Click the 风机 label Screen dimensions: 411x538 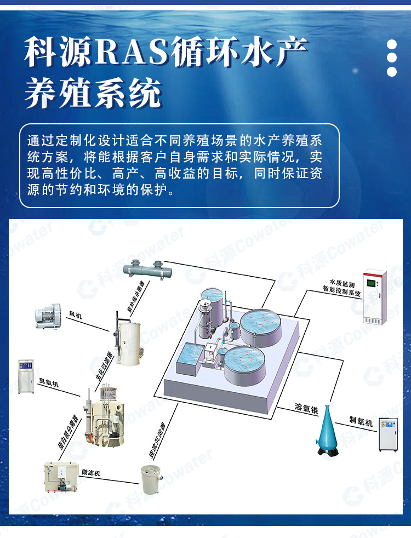tap(76, 314)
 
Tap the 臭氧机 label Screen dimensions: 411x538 tap(49, 382)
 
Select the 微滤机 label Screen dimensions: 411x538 tap(91, 472)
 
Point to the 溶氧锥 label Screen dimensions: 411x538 tap(306, 408)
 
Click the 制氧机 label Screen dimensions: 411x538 tap(361, 421)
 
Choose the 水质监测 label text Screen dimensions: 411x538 tap(342, 283)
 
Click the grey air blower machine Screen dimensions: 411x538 tap(48, 316)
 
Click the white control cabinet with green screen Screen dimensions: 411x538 tap(375, 296)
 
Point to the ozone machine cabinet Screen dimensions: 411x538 tap(26, 376)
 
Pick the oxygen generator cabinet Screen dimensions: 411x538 tap(388, 434)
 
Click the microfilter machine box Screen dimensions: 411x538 tap(61, 477)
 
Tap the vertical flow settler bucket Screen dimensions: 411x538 tap(152, 480)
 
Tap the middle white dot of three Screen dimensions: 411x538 tap(391, 58)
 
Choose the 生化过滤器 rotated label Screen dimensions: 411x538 tap(104, 366)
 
